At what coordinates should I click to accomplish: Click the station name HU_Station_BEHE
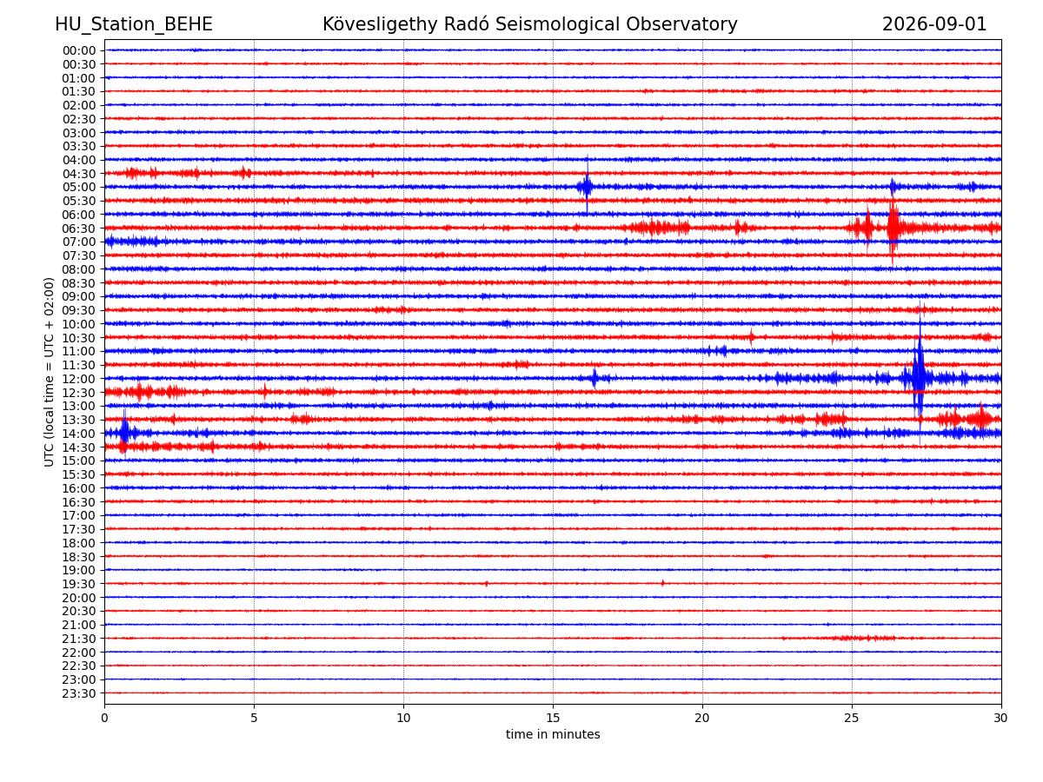(x=134, y=24)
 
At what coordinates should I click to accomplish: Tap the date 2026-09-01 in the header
(x=934, y=24)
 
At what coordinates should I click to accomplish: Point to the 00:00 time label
(x=79, y=50)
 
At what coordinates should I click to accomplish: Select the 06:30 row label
(x=79, y=229)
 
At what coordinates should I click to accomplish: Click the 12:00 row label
(x=79, y=379)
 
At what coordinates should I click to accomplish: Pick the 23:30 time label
(x=79, y=693)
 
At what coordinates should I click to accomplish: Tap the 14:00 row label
(x=79, y=434)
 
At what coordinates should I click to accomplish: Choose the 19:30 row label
(x=79, y=584)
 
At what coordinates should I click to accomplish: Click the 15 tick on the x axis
(x=553, y=718)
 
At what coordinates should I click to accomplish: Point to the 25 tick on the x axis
(x=852, y=718)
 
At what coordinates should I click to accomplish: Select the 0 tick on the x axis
(x=104, y=718)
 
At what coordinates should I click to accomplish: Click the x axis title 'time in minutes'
(x=553, y=734)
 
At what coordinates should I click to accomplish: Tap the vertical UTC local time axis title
(x=49, y=372)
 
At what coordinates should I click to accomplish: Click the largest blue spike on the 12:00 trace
(x=920, y=375)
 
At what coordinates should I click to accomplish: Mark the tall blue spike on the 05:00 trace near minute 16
(x=587, y=186)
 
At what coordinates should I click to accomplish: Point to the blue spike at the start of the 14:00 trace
(x=124, y=433)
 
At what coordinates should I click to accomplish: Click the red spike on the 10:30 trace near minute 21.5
(x=751, y=337)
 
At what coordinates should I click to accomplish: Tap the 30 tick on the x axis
(x=1000, y=718)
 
